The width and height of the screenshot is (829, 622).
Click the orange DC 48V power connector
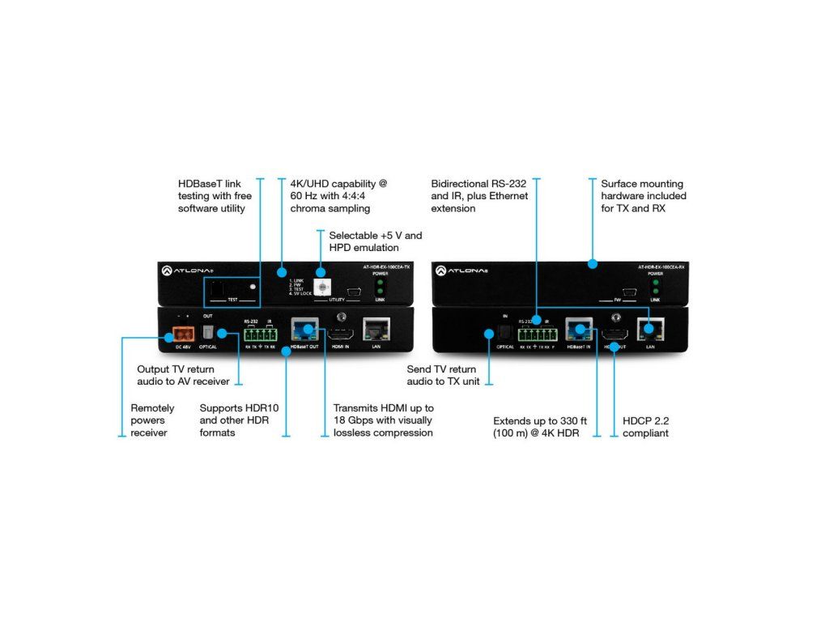[183, 332]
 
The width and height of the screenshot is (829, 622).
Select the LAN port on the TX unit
[376, 328]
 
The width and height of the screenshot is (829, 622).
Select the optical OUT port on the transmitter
[207, 332]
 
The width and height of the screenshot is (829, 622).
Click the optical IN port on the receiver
[504, 332]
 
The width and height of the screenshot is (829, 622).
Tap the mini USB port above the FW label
[628, 291]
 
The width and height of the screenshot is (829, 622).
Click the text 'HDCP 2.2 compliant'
[645, 427]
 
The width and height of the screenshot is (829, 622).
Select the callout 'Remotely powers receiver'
[152, 420]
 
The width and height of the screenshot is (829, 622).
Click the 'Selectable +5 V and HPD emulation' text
[375, 241]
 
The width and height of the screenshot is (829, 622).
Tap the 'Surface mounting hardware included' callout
[643, 196]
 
